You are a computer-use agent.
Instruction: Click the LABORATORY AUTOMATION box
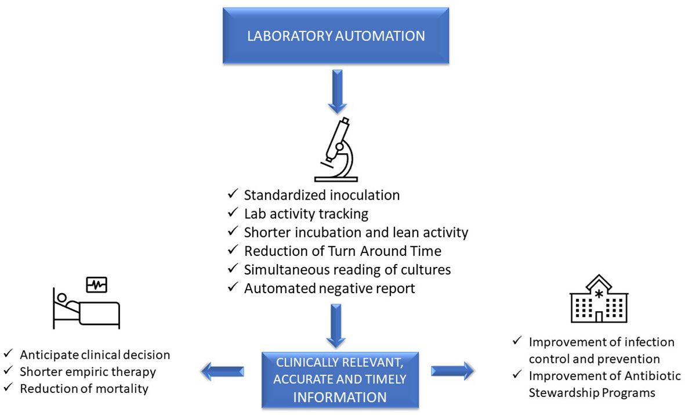coord(336,35)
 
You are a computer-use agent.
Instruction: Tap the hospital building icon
coord(599,298)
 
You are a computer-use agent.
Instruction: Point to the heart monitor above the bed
coord(96,284)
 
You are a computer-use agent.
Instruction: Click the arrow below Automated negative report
coord(336,326)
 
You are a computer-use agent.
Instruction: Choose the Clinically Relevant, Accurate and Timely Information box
coord(339,380)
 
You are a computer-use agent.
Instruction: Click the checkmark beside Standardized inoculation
coord(233,196)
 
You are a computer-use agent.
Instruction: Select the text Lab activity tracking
coord(306,214)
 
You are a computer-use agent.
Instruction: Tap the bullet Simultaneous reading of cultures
coord(347,269)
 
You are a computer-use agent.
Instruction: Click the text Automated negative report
coord(329,288)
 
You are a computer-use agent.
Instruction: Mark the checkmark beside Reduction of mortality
coord(9,388)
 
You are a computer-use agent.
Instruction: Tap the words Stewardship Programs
coord(592,393)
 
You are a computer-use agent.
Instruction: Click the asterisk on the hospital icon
coord(599,294)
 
